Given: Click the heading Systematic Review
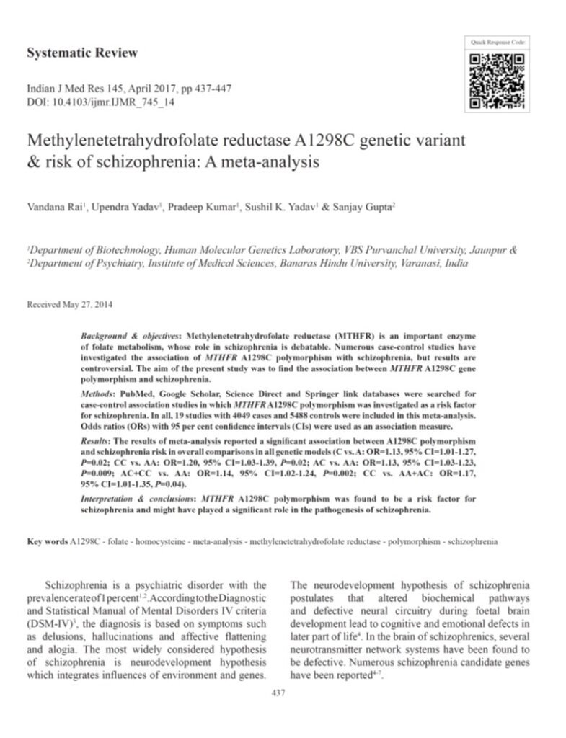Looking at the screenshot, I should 81,53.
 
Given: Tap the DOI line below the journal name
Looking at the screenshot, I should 101,102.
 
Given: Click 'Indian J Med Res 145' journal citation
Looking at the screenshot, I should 70,89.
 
